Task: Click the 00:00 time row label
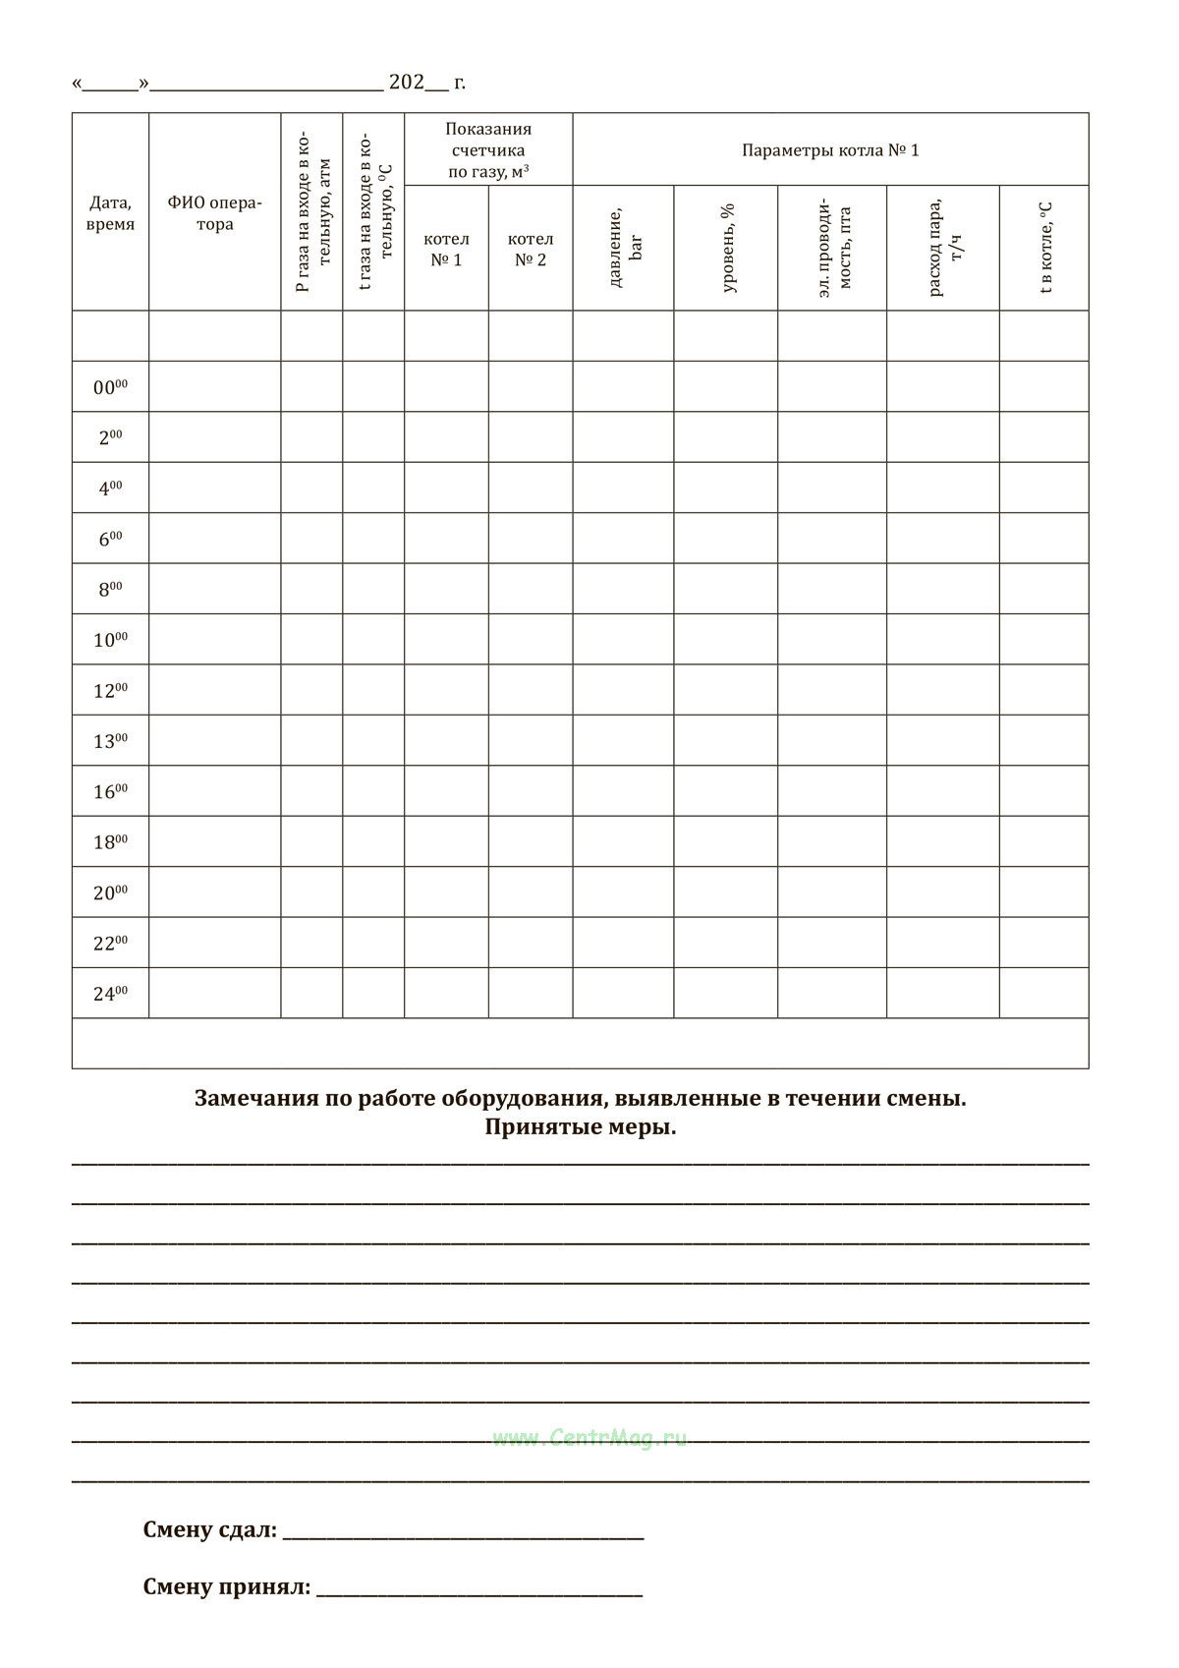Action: [x=110, y=387]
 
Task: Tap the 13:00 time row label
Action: [x=110, y=741]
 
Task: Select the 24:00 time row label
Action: [x=110, y=994]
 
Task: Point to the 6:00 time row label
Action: [x=110, y=539]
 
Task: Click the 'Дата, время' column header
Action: [x=110, y=213]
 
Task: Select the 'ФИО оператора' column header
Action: [x=214, y=213]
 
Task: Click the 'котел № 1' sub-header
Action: [x=446, y=249]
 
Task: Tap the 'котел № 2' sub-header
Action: [x=531, y=249]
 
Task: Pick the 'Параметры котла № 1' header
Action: [x=830, y=150]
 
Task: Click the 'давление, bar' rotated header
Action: [x=624, y=249]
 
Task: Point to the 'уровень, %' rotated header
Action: [x=727, y=249]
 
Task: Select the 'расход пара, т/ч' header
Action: [x=944, y=249]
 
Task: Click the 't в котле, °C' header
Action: [x=1045, y=249]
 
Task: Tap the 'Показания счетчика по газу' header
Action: [x=488, y=150]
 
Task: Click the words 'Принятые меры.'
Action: [x=580, y=1127]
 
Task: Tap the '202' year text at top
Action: [x=406, y=83]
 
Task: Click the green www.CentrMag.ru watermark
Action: [x=589, y=1438]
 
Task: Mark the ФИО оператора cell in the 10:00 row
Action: [x=214, y=640]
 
